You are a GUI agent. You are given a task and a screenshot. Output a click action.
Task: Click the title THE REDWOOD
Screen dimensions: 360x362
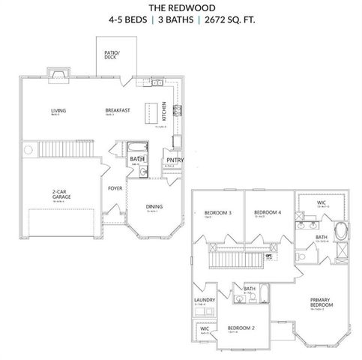[181, 7]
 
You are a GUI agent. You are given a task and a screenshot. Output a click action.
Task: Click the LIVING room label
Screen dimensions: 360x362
[58, 110]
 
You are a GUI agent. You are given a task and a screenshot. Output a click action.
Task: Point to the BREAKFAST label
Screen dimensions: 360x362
[118, 110]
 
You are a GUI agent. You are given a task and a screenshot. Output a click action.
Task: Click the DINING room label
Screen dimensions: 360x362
[154, 206]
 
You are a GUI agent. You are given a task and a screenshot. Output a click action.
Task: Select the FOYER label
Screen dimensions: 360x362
[115, 188]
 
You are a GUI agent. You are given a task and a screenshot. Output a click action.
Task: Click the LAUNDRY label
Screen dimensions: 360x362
[205, 301]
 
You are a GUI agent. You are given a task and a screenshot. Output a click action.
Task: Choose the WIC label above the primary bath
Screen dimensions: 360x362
[321, 202]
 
